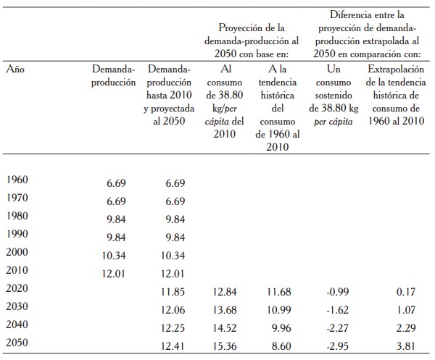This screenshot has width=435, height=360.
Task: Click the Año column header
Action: [x=15, y=70]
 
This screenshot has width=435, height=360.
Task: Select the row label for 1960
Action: [x=16, y=179]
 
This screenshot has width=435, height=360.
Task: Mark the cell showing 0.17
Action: [x=406, y=291]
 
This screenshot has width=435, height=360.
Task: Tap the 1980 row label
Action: [x=16, y=217]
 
